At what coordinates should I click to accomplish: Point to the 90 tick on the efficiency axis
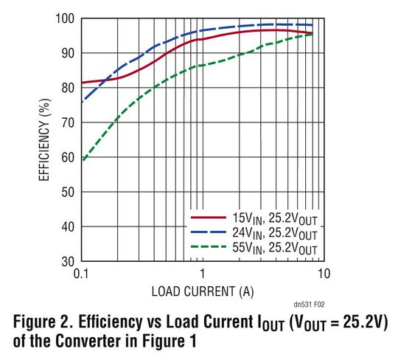click(66, 52)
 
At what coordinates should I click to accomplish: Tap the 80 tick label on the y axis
click(66, 87)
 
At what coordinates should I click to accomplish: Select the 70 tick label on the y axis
click(66, 122)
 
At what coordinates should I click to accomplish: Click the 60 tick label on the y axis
click(66, 156)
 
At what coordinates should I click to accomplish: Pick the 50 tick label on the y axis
click(66, 191)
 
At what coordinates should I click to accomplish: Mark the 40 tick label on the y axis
click(66, 226)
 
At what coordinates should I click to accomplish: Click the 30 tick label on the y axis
click(66, 260)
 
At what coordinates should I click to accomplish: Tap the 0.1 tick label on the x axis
click(81, 274)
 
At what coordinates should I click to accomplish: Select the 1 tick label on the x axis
click(202, 274)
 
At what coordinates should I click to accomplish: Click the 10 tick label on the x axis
click(322, 274)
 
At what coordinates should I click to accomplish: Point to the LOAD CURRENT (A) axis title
click(202, 291)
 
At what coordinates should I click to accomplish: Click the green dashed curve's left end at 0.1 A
click(82, 159)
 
